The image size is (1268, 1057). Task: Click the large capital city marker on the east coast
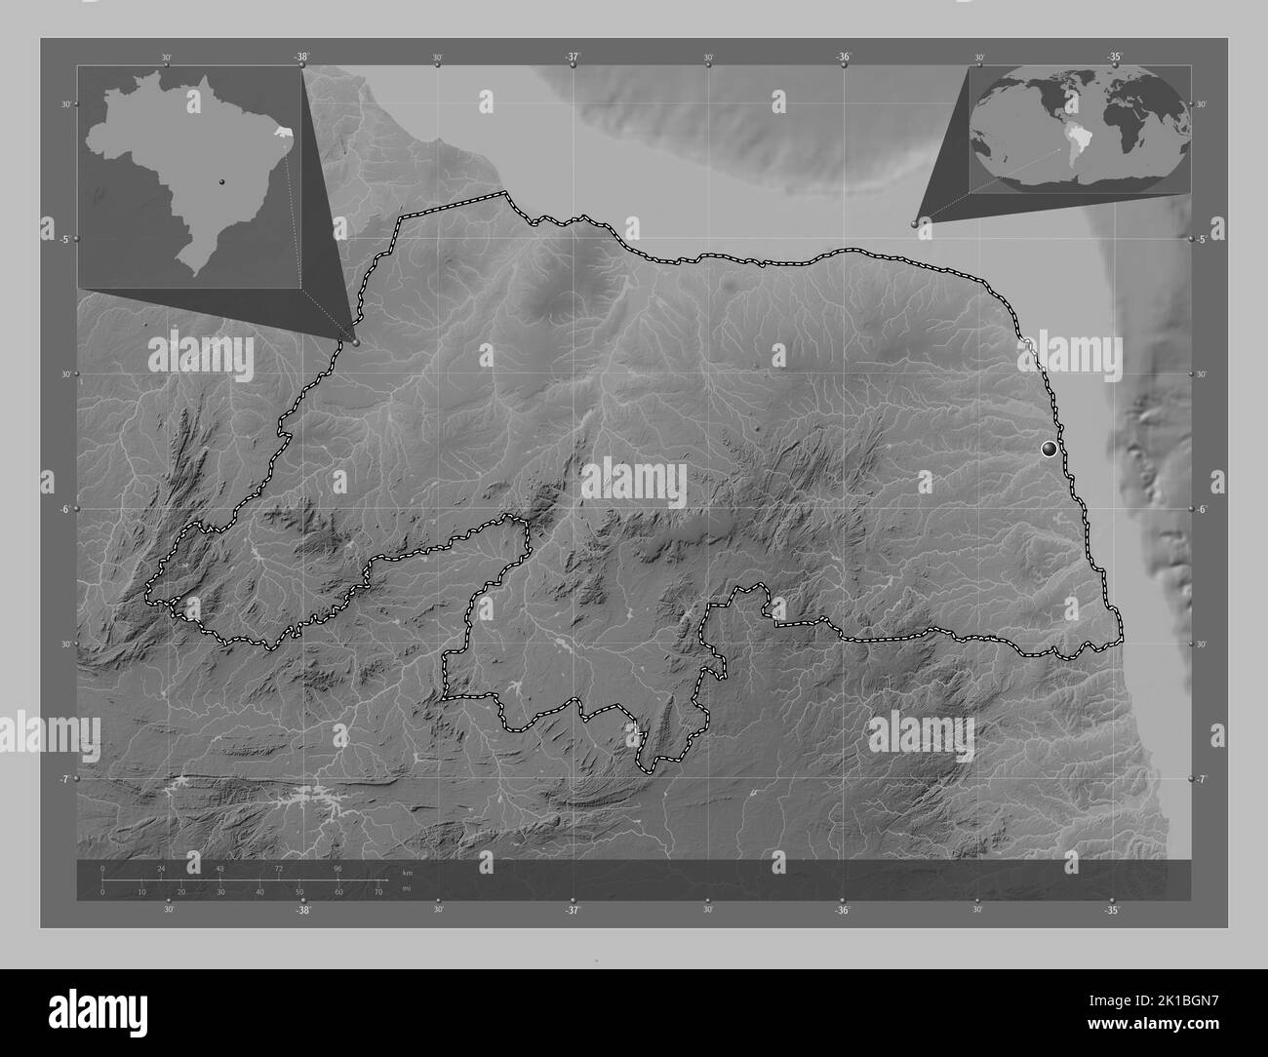[1050, 449]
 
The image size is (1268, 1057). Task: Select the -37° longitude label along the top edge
[573, 57]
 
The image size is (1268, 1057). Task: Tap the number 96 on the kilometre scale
[337, 868]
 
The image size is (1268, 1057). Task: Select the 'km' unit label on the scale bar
[406, 872]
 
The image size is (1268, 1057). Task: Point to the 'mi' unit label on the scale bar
[406, 889]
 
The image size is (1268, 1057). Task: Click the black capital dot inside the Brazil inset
[222, 182]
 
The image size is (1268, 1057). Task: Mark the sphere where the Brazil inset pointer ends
[357, 342]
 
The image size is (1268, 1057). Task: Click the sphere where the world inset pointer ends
[915, 223]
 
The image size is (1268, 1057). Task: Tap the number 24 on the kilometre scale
[161, 868]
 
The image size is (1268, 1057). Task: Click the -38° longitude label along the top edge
[302, 57]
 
